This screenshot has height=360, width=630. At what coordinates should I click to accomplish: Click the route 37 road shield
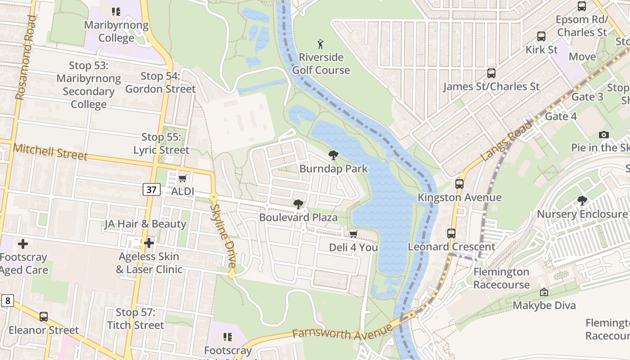pos(152,189)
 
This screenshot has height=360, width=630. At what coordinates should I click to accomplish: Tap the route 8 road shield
pos(7,300)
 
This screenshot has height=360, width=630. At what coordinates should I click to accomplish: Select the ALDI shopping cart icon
pos(182,179)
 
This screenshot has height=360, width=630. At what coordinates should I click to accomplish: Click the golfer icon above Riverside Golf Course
pos(320,44)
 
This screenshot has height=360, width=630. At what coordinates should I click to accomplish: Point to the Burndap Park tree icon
pos(333,156)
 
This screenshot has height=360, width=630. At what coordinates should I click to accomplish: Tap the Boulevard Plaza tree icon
pos(298,204)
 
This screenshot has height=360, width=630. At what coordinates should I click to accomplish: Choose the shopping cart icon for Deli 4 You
pos(353,234)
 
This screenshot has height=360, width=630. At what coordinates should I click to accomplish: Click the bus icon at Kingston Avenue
pos(459,184)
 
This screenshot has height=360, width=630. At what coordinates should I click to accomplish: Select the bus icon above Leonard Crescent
pos(451,233)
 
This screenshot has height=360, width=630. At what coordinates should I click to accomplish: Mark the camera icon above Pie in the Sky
pos(604,135)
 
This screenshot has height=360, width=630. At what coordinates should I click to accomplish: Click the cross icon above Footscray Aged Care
pos(23,244)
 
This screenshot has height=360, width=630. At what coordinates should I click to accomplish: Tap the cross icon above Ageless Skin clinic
pos(149,243)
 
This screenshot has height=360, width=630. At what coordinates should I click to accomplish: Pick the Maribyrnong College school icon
pos(116,12)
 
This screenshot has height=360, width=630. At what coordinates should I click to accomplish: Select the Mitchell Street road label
pos(50,152)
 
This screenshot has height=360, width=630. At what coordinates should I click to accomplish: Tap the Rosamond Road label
pos(26,58)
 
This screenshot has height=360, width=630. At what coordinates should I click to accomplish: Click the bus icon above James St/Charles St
pos(491,73)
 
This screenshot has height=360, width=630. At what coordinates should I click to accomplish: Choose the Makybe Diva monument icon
pos(544,292)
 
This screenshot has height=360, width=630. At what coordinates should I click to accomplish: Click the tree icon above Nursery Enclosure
pos(582,201)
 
